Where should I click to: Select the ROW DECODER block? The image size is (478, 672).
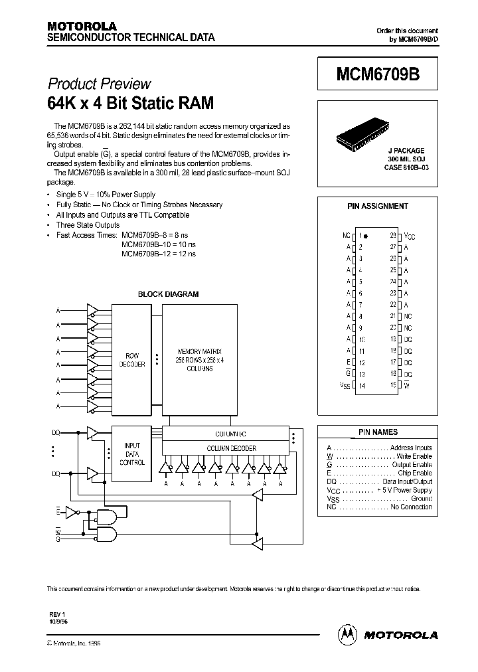click(x=131, y=359)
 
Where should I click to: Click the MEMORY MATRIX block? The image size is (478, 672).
click(x=199, y=359)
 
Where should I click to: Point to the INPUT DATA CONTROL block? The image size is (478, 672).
click(x=132, y=454)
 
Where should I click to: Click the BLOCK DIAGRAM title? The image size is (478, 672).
click(x=168, y=294)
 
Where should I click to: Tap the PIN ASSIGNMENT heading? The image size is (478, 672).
click(x=378, y=207)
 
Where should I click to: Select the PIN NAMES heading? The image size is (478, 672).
click(x=378, y=432)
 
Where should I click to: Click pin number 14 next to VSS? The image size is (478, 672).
click(x=362, y=386)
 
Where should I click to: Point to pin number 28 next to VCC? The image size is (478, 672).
click(x=393, y=235)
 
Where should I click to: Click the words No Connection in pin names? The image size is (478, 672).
click(x=411, y=507)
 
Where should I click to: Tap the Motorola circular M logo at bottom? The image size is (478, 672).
click(x=347, y=634)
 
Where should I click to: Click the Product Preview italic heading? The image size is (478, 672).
click(x=99, y=84)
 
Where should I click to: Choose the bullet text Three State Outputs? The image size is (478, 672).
click(x=88, y=225)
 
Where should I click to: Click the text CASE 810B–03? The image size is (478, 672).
click(x=406, y=167)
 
